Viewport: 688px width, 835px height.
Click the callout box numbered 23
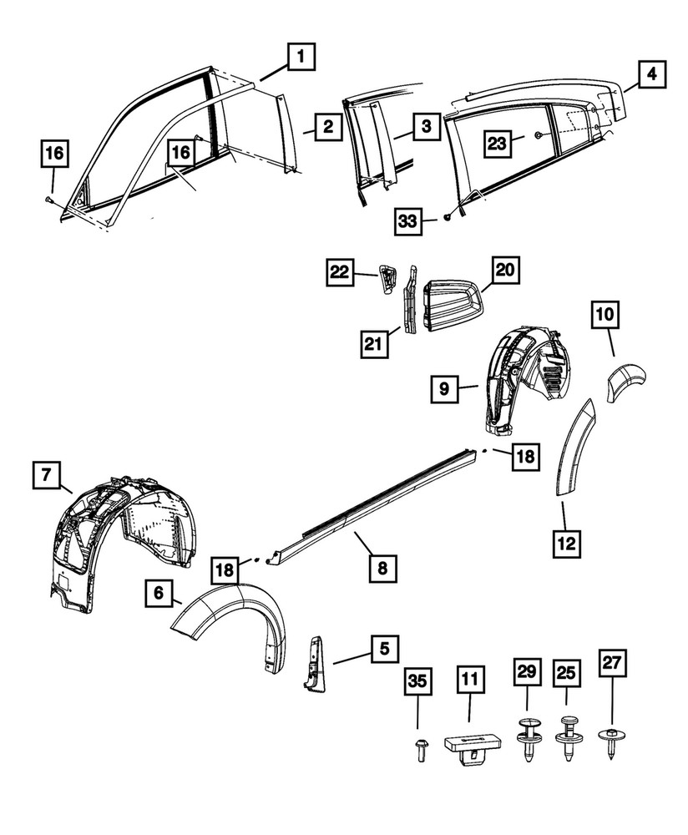tap(498, 143)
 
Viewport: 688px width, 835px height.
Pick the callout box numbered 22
tap(340, 272)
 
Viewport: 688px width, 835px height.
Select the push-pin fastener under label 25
tap(570, 739)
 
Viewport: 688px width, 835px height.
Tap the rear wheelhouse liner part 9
tap(522, 376)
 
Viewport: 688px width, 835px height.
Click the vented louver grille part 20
tap(451, 301)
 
